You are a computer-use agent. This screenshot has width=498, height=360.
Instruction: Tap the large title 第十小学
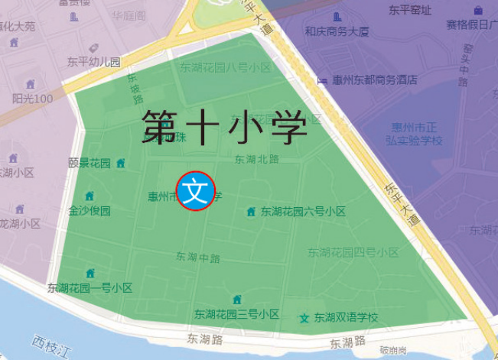224,127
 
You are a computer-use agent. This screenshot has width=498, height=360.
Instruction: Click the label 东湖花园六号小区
303,212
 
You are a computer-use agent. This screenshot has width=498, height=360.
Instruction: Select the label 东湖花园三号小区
236,314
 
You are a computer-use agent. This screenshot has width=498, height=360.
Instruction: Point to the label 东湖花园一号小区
90,288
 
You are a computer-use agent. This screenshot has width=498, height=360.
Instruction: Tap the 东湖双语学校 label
346,317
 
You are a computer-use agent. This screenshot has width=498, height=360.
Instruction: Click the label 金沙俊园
90,210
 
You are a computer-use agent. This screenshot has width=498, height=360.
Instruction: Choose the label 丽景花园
90,163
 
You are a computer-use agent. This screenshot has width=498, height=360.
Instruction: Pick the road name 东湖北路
256,160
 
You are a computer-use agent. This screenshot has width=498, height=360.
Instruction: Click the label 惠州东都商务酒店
375,79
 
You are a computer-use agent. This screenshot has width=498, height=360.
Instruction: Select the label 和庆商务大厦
337,32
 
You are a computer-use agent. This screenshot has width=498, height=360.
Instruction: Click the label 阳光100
33,99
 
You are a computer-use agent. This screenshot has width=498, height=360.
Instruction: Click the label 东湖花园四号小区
353,252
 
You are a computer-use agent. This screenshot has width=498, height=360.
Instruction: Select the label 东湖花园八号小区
226,67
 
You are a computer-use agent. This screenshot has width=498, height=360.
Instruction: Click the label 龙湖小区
20,224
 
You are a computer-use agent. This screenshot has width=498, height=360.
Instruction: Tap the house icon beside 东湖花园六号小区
251,212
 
